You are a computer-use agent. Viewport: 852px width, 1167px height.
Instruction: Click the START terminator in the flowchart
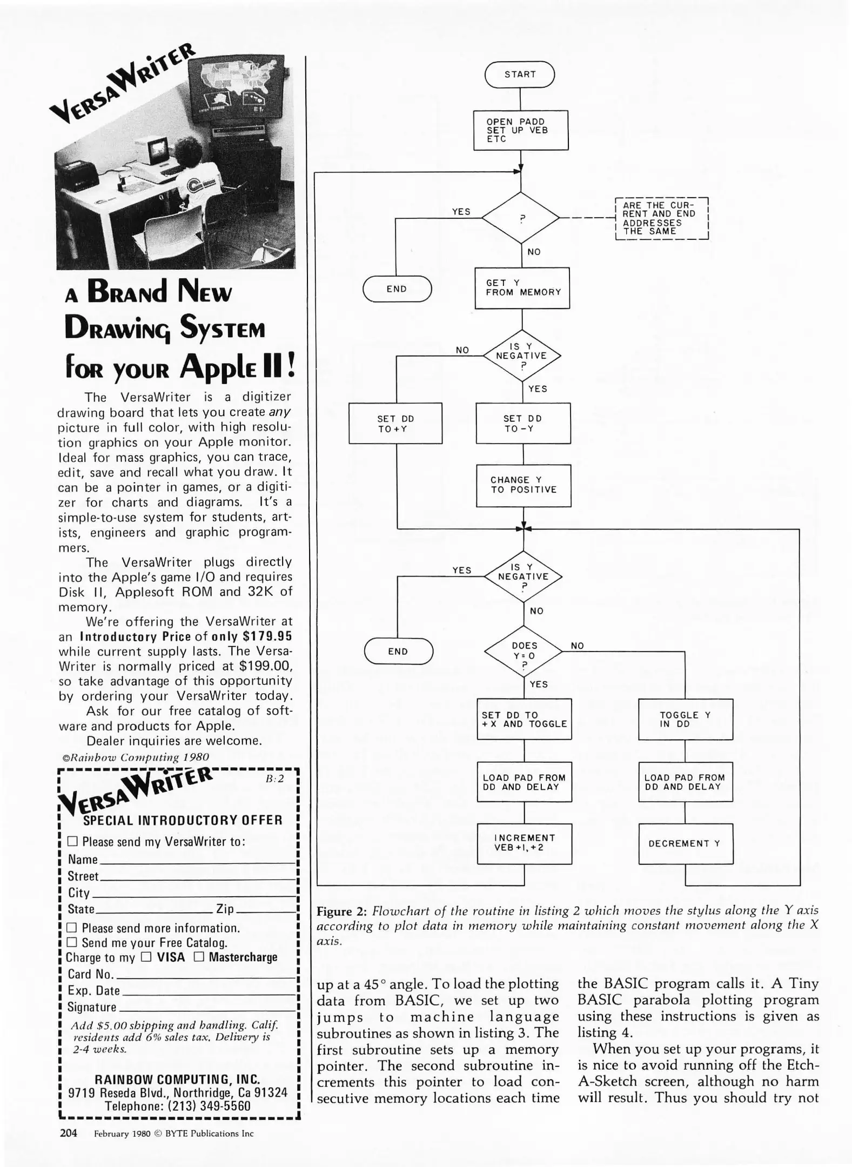tap(520, 75)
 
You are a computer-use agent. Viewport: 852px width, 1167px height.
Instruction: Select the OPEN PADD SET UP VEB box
tap(521, 130)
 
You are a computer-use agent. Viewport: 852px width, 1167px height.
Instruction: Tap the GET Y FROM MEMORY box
tap(522, 288)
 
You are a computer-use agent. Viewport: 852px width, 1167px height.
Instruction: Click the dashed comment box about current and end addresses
tap(661, 218)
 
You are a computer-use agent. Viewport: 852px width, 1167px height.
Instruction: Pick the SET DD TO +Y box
tap(395, 424)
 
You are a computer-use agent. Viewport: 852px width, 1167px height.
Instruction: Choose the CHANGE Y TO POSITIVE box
tap(523, 485)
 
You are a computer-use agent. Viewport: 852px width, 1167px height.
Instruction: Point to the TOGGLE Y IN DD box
tap(685, 719)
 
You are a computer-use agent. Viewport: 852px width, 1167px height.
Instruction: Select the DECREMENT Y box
tap(685, 843)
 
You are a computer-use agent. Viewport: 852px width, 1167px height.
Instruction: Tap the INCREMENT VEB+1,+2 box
tap(524, 843)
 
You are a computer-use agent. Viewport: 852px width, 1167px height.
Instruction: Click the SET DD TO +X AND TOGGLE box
tap(524, 719)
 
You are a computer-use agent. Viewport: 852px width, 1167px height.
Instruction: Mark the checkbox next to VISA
tap(146, 957)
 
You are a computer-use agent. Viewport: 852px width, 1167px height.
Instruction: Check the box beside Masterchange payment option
tap(199, 957)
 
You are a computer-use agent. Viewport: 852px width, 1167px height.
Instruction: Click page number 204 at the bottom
tap(68, 1133)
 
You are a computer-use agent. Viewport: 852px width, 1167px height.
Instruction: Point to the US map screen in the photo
tap(235, 86)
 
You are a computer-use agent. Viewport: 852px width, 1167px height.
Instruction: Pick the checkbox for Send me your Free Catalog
tap(72, 942)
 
